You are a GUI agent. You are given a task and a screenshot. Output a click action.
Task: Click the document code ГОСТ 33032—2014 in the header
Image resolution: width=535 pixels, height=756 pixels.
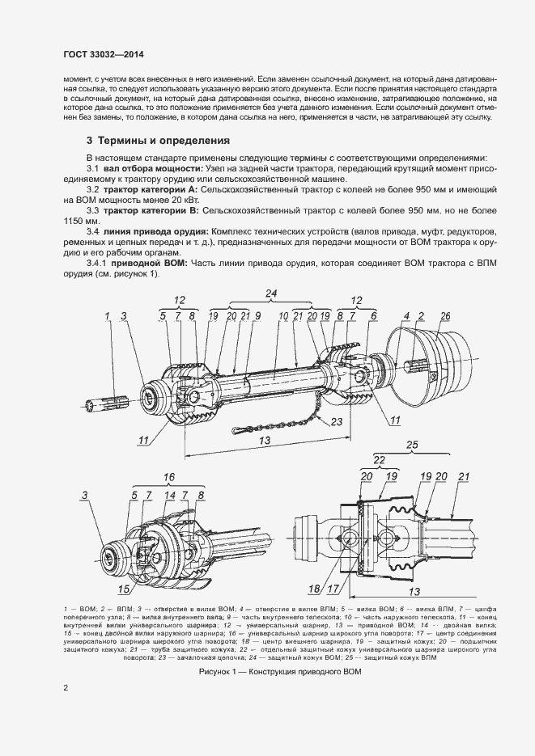click(104, 54)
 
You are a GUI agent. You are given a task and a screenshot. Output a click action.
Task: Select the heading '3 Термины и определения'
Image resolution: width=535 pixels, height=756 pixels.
click(158, 140)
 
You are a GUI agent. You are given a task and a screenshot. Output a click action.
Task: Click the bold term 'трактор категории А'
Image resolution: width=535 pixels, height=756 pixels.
click(151, 188)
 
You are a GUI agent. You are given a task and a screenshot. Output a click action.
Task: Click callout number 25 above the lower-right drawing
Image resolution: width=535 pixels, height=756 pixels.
click(411, 446)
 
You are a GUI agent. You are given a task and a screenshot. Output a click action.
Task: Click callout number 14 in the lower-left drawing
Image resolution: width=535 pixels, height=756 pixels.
click(169, 494)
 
